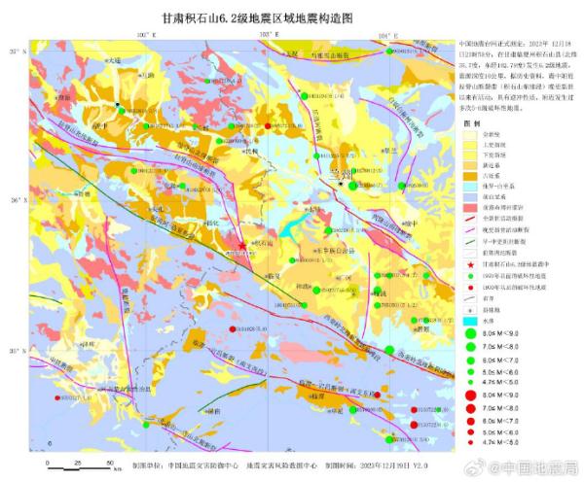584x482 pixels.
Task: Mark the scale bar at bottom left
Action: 83,464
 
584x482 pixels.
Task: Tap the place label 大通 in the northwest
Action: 116,59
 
